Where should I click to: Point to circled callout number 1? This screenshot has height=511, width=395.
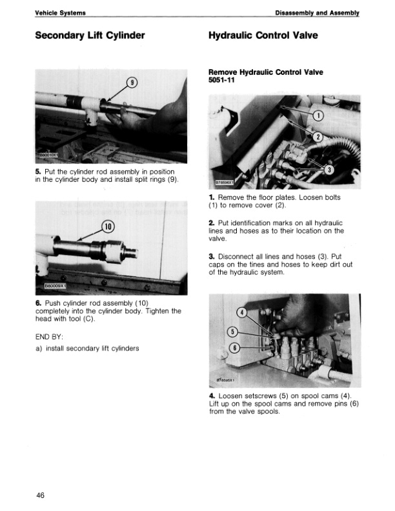coord(318,116)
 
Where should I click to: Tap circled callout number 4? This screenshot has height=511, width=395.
coord(243,313)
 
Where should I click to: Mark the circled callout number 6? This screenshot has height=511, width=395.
coord(236,348)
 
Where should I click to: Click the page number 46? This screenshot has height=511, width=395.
coord(41,495)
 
